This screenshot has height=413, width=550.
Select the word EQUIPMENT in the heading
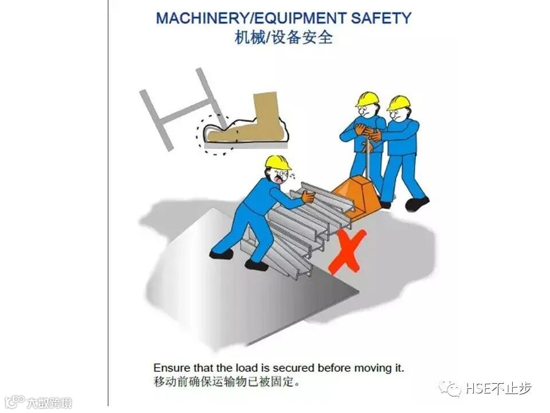300,18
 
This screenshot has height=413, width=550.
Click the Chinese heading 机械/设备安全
284,37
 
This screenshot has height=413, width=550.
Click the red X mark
347,252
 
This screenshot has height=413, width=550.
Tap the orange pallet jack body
355,198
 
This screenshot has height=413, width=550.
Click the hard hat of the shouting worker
277,162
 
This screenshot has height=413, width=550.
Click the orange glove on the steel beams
309,197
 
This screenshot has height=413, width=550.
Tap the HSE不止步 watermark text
498,388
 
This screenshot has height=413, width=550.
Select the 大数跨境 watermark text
50,403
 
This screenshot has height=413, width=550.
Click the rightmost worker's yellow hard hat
399,103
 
